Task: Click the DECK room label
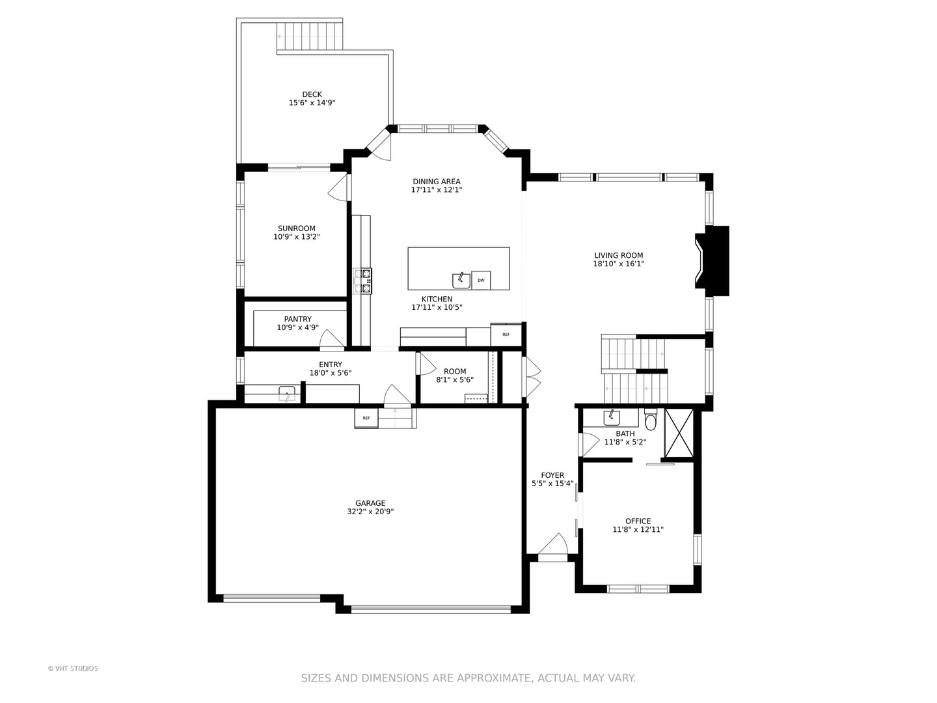click(x=312, y=94)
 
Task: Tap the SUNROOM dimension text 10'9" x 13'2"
click(x=296, y=237)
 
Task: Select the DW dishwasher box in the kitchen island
click(x=481, y=281)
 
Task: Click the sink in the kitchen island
click(x=461, y=280)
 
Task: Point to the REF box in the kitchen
click(x=506, y=335)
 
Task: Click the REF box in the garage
click(x=366, y=418)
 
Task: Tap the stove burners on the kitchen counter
click(x=362, y=281)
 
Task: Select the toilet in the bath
click(x=651, y=420)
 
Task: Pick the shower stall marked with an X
click(x=679, y=434)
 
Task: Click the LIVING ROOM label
click(x=618, y=256)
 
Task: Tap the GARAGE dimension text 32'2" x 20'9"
click(x=370, y=512)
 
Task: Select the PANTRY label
click(x=297, y=319)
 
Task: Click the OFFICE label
click(x=638, y=521)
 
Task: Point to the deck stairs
click(x=309, y=36)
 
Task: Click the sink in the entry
click(x=286, y=394)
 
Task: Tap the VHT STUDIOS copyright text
click(x=73, y=669)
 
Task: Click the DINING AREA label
click(x=436, y=182)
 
